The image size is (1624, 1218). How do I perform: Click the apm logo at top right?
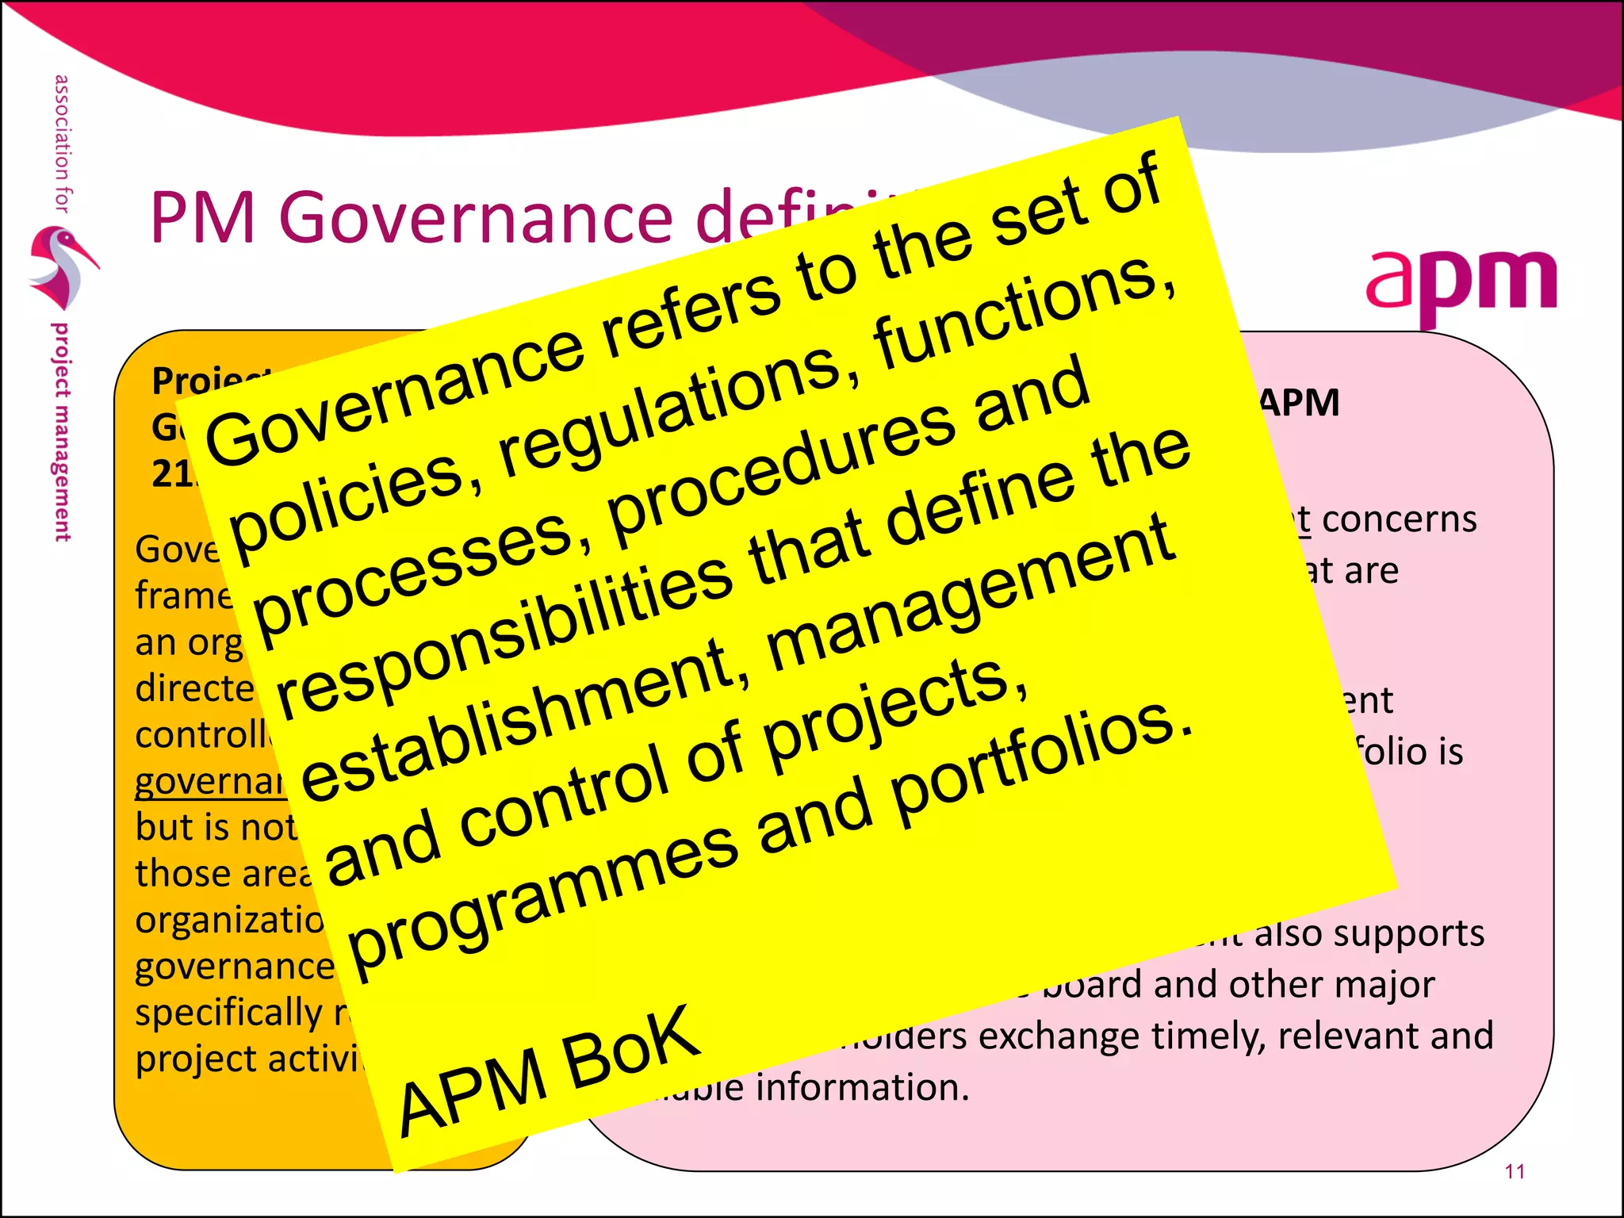click(1461, 285)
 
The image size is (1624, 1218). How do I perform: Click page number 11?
click(1515, 1171)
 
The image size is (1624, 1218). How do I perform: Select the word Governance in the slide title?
click(476, 217)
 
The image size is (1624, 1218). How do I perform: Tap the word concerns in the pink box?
click(1399, 520)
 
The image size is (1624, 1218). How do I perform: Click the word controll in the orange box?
click(203, 735)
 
